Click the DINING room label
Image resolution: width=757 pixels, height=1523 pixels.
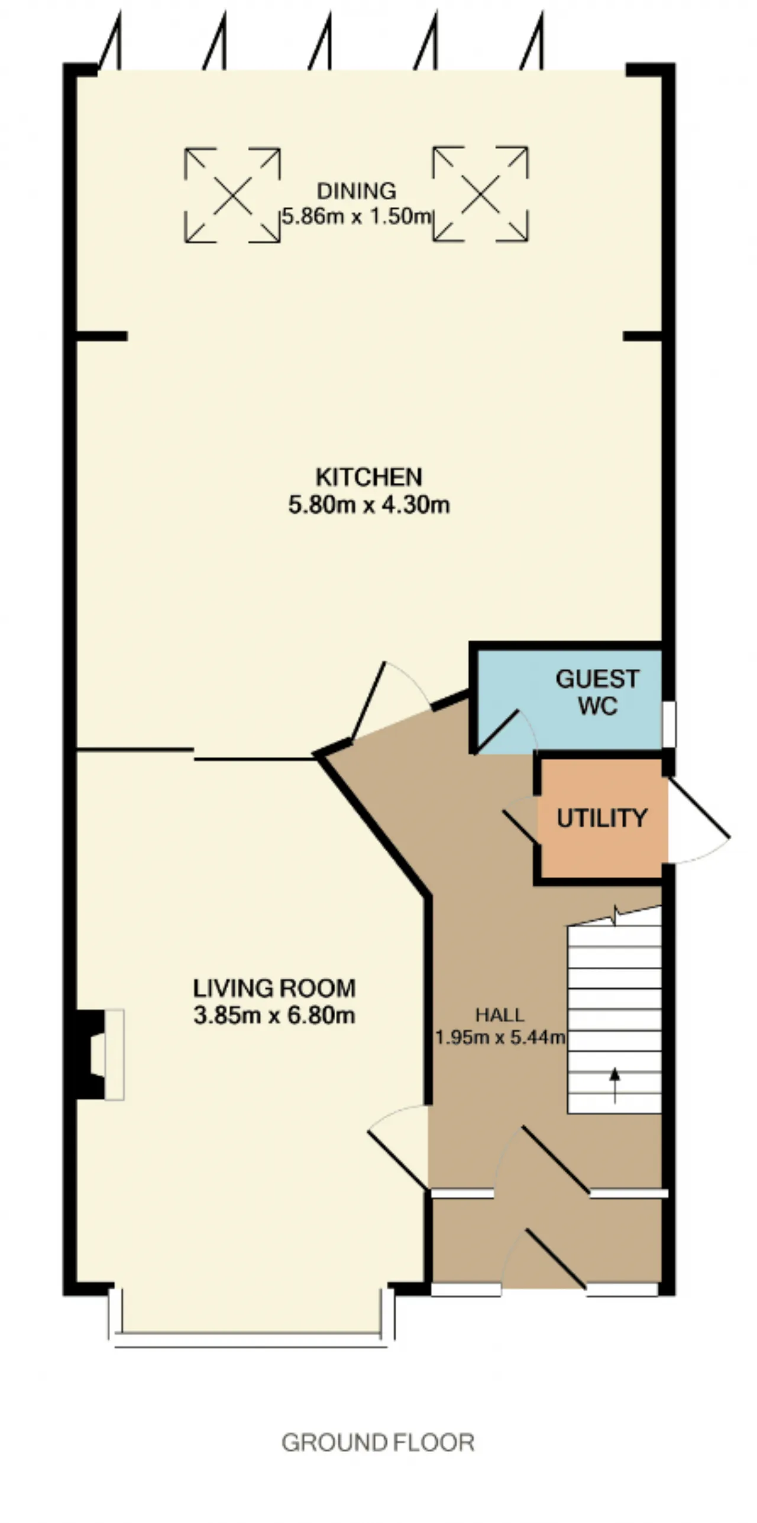tap(357, 191)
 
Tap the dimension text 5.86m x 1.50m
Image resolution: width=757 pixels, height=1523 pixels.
tap(357, 216)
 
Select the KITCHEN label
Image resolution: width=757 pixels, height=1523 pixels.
tap(369, 477)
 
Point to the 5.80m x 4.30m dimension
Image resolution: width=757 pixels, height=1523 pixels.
tap(369, 505)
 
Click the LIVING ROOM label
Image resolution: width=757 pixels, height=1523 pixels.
tap(274, 988)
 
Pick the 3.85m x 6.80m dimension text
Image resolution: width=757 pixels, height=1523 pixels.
tap(274, 1015)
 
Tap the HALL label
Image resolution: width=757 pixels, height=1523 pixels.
tap(500, 1015)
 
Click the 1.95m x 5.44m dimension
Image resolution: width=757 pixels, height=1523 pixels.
tap(500, 1037)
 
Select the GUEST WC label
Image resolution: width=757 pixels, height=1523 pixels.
tap(597, 691)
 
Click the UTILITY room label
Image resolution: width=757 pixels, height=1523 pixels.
tap(602, 819)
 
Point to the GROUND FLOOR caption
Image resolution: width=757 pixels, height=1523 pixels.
tap(378, 1443)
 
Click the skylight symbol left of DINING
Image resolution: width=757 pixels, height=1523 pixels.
tap(232, 195)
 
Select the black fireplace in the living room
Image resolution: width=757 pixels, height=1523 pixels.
tap(90, 1054)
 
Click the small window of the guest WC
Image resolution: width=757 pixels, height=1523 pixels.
tap(668, 724)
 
